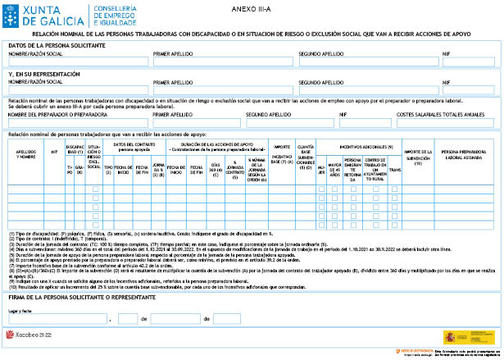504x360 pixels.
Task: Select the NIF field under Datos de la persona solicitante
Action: [470, 62]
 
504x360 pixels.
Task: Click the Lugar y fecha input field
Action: [57, 319]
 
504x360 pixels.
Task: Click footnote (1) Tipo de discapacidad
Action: [123, 234]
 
